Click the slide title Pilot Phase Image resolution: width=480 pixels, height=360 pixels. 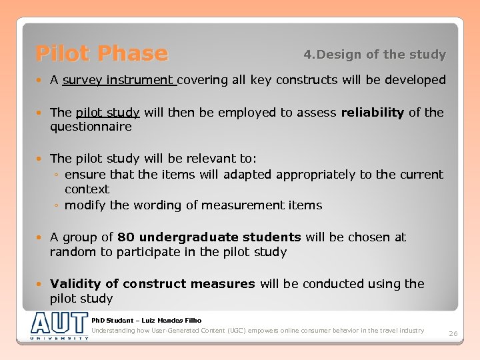point(101,53)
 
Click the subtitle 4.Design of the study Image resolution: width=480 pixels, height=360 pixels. point(374,54)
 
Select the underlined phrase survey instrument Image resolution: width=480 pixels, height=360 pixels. point(118,80)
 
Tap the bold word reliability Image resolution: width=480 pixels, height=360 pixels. point(372,112)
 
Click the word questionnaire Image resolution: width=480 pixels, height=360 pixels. point(91,127)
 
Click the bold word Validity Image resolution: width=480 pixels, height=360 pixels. point(84,284)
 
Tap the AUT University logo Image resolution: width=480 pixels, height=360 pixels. point(59,325)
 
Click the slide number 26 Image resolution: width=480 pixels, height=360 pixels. point(453,333)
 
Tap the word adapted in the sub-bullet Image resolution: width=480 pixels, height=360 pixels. point(247,175)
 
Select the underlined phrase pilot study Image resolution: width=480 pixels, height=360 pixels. point(107,112)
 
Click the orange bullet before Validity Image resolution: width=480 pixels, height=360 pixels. point(42,284)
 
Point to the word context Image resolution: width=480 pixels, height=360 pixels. point(87,189)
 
